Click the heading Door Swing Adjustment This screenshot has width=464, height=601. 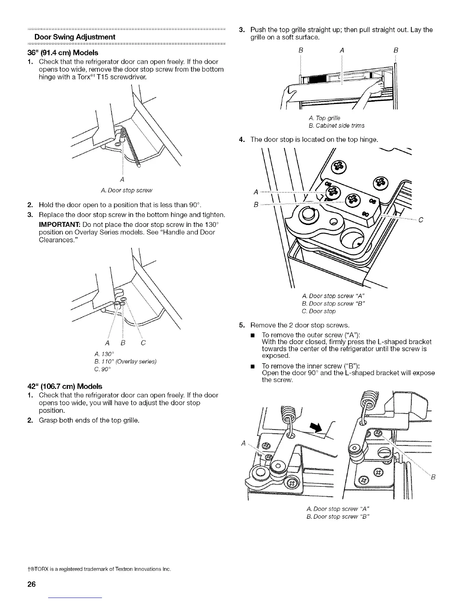[x=75, y=37]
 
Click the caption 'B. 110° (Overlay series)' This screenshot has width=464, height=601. [x=127, y=361]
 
